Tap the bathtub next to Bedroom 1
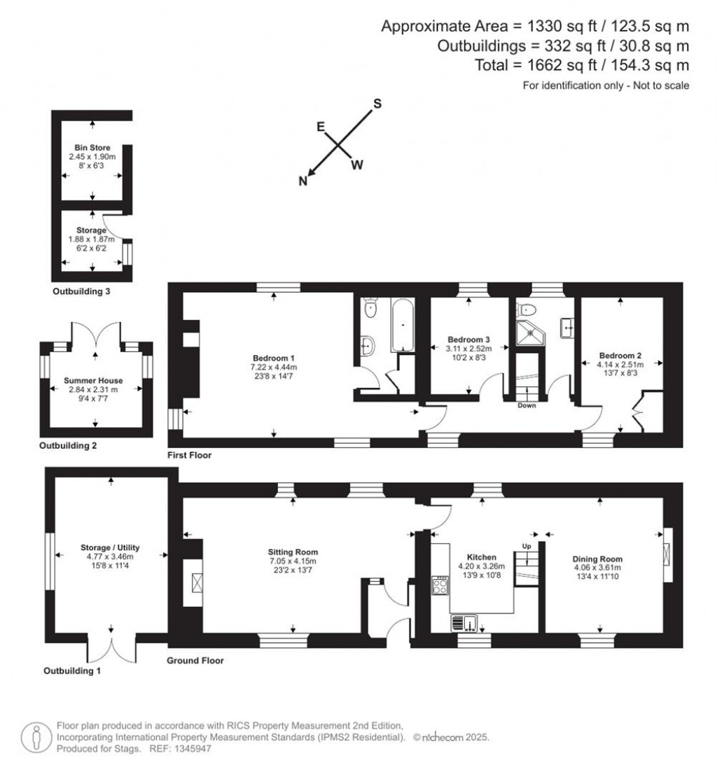(402, 326)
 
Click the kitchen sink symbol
(464, 622)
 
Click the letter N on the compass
(303, 181)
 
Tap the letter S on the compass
(377, 104)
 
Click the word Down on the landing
(527, 405)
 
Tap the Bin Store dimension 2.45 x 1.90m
(92, 157)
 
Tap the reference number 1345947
(188, 748)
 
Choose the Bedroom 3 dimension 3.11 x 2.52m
(469, 349)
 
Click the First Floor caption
(189, 455)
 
